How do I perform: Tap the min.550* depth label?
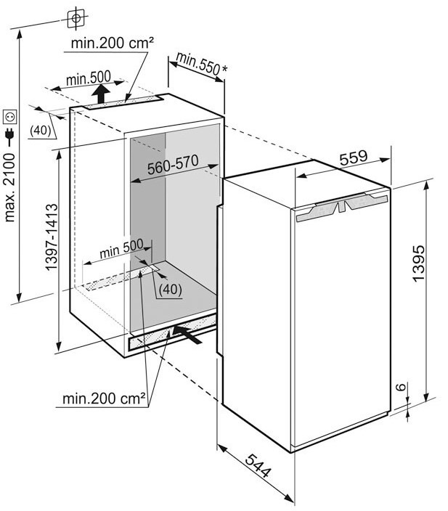pos(200,65)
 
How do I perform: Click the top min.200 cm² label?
pos(112,44)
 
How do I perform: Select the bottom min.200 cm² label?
pos(104,398)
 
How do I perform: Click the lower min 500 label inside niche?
pos(121,247)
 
